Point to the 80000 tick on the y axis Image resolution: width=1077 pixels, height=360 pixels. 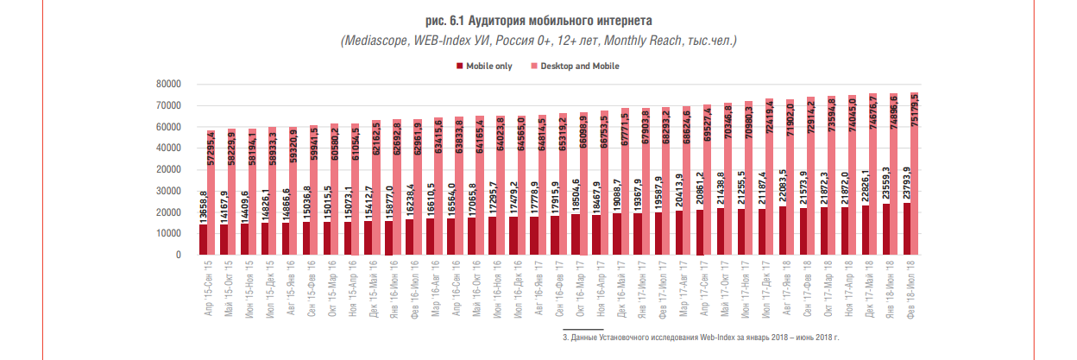pos(167,85)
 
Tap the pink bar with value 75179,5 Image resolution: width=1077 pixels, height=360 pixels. pos(914,173)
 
